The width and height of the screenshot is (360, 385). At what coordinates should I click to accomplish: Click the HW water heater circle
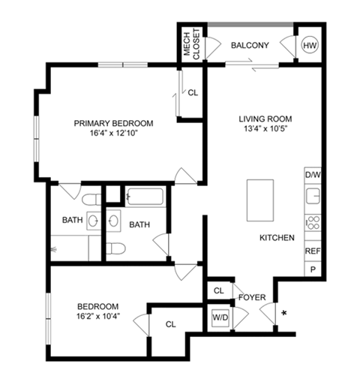coord(309,46)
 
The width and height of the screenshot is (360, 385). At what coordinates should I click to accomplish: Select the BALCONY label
coord(250,46)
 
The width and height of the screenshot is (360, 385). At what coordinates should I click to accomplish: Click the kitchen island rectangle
coord(261,200)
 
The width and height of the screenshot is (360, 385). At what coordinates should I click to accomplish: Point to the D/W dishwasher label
coord(313,175)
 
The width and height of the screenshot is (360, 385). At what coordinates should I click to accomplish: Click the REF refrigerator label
coord(313,250)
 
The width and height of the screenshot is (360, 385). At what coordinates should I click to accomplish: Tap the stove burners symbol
coord(312,223)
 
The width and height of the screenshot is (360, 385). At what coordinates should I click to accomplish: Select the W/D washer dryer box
coord(220,317)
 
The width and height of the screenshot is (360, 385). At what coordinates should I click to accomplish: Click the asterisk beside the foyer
coord(284,312)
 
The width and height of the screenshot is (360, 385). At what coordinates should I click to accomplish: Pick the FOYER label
coord(253,298)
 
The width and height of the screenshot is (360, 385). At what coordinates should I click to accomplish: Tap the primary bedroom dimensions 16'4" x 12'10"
coord(112,134)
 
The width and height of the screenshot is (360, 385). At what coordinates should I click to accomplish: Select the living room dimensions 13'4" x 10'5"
coord(265,129)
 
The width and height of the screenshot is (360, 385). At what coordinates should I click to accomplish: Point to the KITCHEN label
coord(276,237)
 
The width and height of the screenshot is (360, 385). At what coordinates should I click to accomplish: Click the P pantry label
coord(313,269)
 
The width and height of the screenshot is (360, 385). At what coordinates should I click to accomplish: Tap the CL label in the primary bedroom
coord(193,93)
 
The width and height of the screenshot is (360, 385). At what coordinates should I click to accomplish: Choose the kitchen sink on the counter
coord(313,197)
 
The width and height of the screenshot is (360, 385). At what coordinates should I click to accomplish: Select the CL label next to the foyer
coord(219,290)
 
